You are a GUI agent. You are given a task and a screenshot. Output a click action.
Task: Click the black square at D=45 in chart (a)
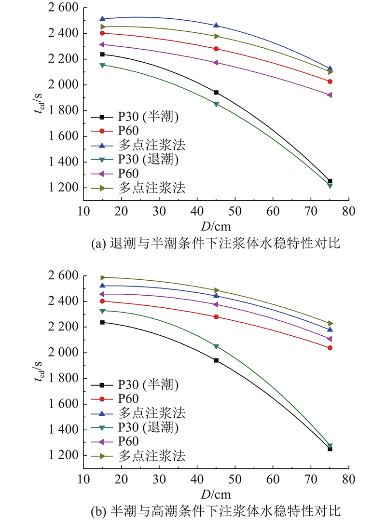click(216, 93)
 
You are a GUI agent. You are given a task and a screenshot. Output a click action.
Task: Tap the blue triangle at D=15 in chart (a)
click(102, 18)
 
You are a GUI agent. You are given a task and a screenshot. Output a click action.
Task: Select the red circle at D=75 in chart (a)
click(330, 82)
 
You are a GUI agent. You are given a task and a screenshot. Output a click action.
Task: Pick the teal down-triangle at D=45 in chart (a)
click(216, 105)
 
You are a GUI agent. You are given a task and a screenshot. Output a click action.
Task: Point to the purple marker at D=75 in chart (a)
click(330, 95)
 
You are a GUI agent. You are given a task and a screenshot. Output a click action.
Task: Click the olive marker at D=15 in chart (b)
click(102, 277)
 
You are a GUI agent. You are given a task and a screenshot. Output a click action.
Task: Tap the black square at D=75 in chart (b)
click(330, 449)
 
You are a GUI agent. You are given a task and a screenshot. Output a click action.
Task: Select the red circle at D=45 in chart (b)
click(216, 317)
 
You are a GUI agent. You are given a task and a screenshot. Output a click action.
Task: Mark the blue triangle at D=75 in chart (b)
click(330, 329)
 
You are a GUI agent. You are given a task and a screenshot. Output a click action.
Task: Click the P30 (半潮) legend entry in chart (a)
click(135, 117)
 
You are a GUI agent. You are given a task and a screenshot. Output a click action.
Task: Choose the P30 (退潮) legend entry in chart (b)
click(135, 427)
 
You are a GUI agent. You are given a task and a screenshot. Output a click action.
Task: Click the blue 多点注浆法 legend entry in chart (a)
click(138, 145)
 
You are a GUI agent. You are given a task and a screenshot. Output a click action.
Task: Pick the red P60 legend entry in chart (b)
click(115, 399)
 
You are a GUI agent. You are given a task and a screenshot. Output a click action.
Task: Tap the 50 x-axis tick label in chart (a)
click(235, 211)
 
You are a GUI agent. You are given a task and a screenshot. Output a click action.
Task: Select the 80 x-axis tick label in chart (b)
click(348, 479)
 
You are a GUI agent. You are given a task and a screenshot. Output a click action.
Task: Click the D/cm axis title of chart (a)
click(216, 227)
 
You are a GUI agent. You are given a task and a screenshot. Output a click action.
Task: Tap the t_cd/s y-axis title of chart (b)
click(39, 370)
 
